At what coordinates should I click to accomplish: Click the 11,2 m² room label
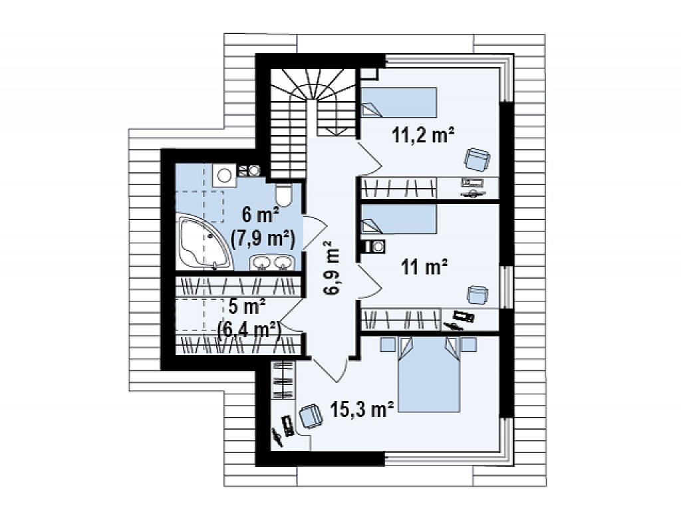pyautogui.click(x=423, y=135)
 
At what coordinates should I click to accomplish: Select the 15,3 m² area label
pyautogui.click(x=362, y=409)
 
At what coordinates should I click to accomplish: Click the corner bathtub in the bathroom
pyautogui.click(x=204, y=241)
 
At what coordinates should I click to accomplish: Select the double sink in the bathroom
pyautogui.click(x=272, y=263)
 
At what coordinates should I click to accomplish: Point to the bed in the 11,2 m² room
pyautogui.click(x=398, y=102)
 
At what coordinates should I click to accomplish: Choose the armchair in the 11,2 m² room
pyautogui.click(x=476, y=160)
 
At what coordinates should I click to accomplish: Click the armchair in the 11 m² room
pyautogui.click(x=477, y=295)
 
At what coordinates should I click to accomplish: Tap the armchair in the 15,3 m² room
pyautogui.click(x=311, y=417)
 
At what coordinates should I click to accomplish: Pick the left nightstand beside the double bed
pyautogui.click(x=388, y=344)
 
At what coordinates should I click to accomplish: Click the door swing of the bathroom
pyautogui.click(x=315, y=233)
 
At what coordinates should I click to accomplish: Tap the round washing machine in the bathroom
pyautogui.click(x=224, y=176)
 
